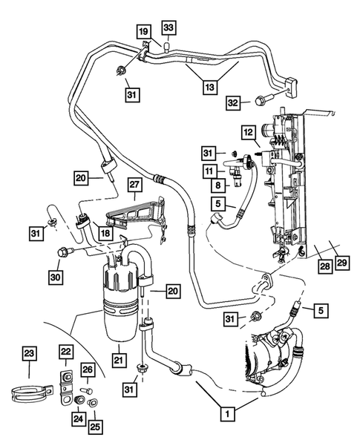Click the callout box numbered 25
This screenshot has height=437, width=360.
(x=96, y=427)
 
